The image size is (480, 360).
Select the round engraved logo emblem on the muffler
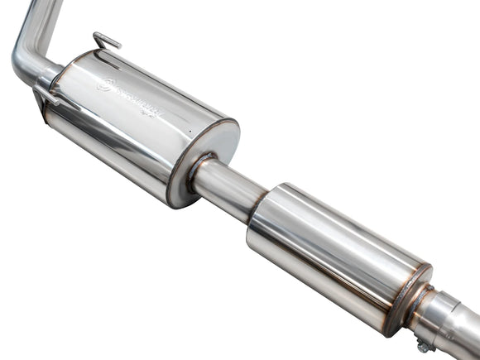(x=105, y=83)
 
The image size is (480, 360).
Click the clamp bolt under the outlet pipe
(x=423, y=347)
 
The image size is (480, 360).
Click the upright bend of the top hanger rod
(x=97, y=36)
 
